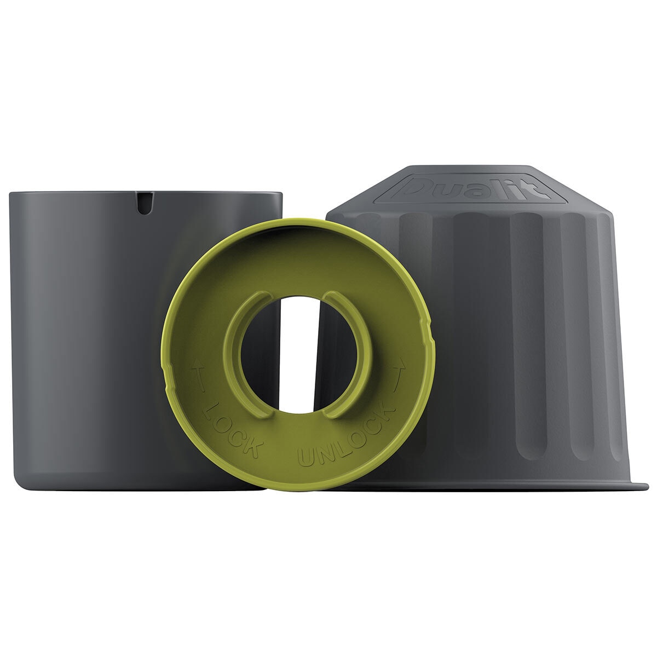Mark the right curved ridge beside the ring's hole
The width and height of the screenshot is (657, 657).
pyautogui.click(x=356, y=351)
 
